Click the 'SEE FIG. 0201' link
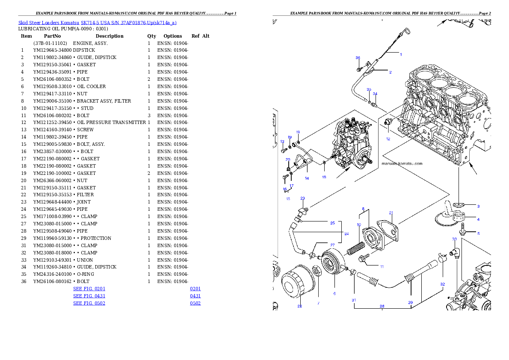[89, 289]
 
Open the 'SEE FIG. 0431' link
[89, 296]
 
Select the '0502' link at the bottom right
[195, 303]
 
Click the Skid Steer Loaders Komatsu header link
[97, 23]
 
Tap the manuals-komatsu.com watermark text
[402, 163]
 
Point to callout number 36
[358, 58]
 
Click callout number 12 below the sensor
[388, 139]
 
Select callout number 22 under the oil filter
[299, 306]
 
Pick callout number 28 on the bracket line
[382, 306]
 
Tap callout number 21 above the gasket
[391, 212]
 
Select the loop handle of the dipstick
[408, 31]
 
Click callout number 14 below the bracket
[307, 178]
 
